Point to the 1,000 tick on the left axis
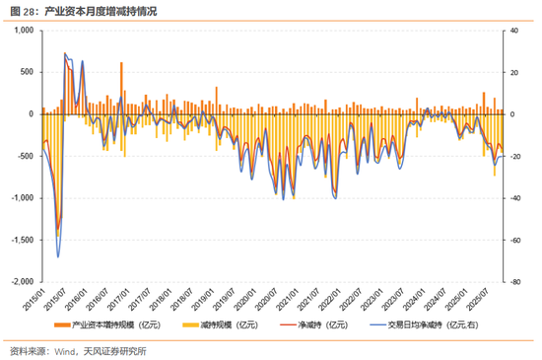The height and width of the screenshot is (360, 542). point(21,31)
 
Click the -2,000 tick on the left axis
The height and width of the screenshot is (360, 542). point(20,281)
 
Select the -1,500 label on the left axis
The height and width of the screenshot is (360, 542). point(20,240)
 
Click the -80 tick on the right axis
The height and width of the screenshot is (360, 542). point(515,281)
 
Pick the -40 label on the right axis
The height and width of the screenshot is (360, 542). point(515,198)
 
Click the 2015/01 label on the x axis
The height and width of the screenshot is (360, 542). point(36,293)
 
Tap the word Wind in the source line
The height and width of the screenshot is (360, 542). point(65,349)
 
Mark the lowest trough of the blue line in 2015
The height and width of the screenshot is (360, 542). point(58,256)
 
